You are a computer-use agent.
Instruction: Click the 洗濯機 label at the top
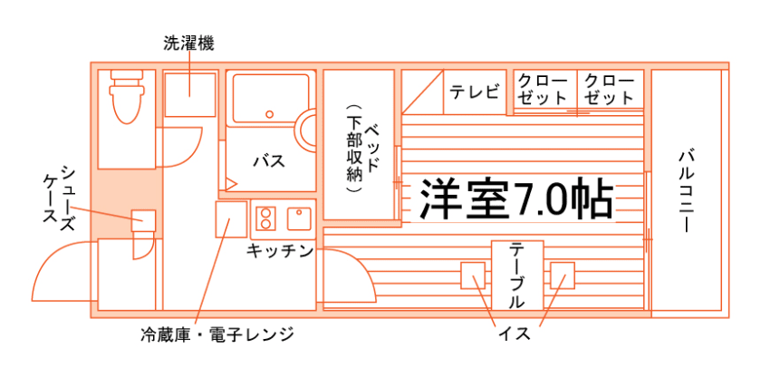[x=188, y=43]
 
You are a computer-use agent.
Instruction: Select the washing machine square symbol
[x=189, y=94]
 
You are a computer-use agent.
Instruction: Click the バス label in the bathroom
[x=269, y=161]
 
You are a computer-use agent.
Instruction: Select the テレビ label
[x=475, y=92]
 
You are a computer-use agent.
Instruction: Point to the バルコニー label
[x=686, y=189]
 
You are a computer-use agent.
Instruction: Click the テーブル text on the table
[x=517, y=275]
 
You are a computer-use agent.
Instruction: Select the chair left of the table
[x=474, y=275]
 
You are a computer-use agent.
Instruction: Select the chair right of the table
[x=562, y=275]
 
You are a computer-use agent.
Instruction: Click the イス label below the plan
[x=514, y=333]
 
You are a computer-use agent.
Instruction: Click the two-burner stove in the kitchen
[x=266, y=217]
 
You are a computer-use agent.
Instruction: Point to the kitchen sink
[x=298, y=217]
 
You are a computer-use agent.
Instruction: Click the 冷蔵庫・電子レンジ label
[x=217, y=334]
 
